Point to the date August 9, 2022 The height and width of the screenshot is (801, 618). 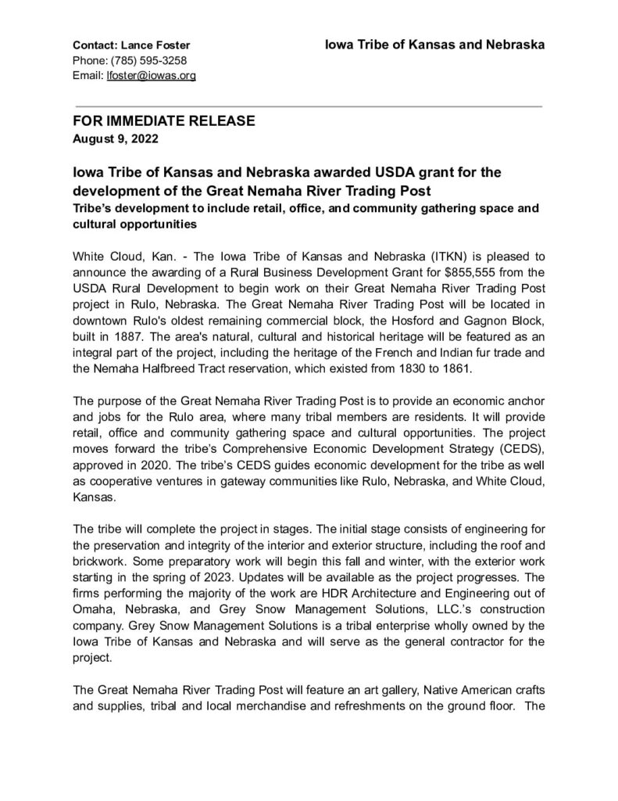[x=115, y=139]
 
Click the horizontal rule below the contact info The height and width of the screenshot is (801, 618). [x=308, y=105]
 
